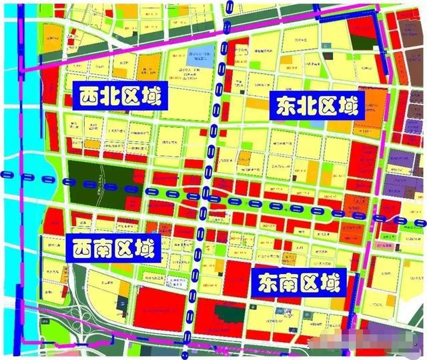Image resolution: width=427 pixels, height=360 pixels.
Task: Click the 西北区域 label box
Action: point(118,98)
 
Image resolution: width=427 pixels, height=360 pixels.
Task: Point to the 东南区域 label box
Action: point(300,283)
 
